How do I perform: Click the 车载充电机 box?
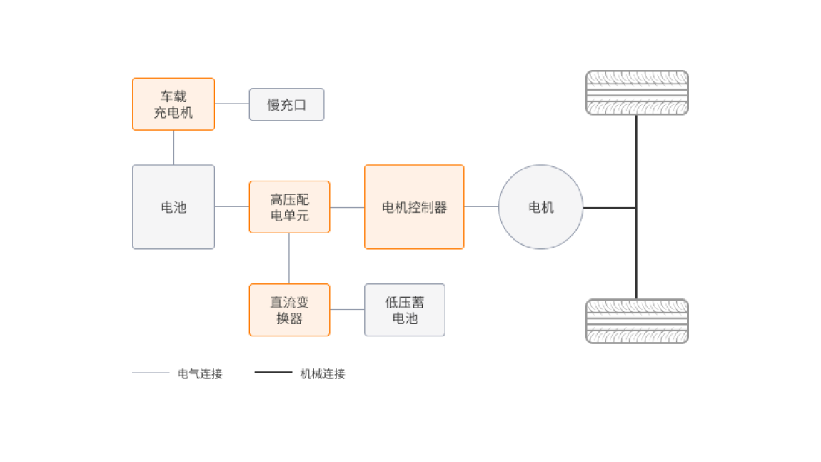(173, 104)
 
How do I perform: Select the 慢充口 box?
(286, 105)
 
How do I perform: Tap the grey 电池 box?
(173, 207)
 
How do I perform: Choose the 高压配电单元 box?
(289, 207)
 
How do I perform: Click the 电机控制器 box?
(414, 207)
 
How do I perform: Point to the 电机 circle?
(540, 207)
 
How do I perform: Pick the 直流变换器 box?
(289, 310)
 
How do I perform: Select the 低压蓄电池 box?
(404, 310)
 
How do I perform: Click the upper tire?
(637, 93)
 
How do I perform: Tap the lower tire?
(637, 321)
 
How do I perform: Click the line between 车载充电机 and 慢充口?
(231, 104)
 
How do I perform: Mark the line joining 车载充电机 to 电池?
(173, 147)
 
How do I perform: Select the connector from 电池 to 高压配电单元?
(231, 206)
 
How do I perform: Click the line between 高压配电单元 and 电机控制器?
(347, 207)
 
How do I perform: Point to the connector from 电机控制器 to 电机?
(481, 206)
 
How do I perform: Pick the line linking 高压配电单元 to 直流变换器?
(289, 258)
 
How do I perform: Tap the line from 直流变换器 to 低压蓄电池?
(347, 309)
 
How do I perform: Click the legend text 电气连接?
(200, 373)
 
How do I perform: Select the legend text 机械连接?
(323, 373)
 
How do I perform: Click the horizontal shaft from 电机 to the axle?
(610, 207)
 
